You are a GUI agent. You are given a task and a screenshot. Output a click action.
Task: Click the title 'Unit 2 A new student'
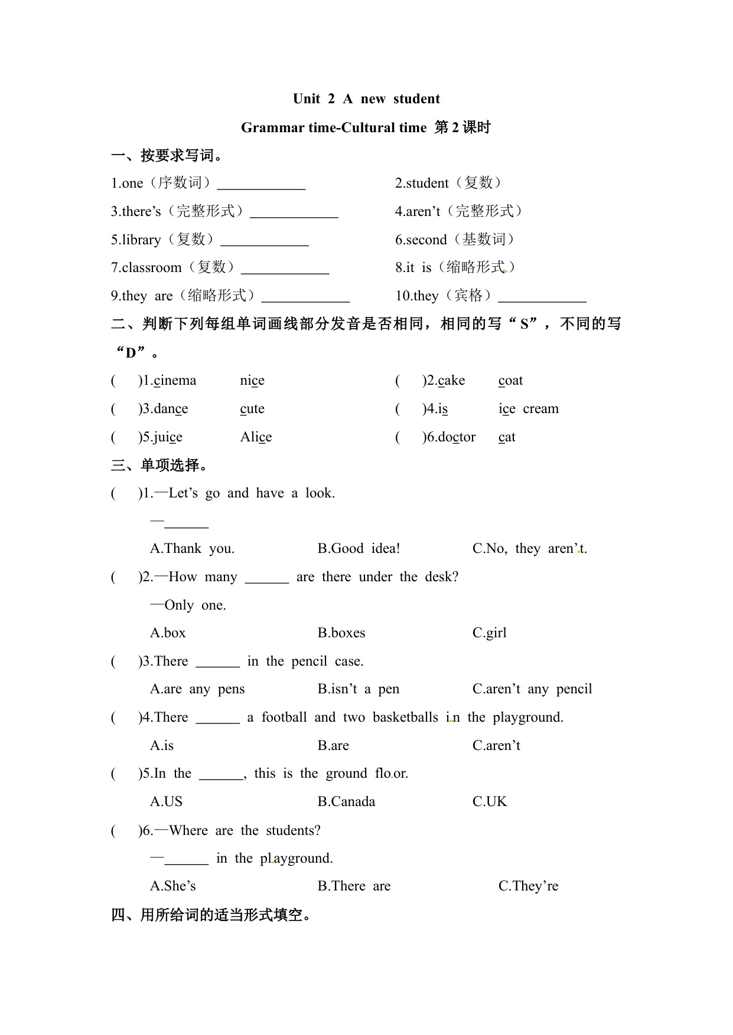(x=366, y=99)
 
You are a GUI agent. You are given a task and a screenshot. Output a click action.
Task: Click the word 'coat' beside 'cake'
(x=510, y=381)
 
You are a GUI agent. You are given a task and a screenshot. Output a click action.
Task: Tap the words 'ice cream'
(x=528, y=409)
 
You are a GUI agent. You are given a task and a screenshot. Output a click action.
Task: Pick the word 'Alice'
(x=256, y=437)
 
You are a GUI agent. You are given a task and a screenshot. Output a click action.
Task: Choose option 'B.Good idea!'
(x=359, y=549)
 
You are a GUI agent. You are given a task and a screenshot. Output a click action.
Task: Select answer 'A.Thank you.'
(x=192, y=549)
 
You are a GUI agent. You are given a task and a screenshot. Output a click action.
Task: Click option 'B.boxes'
(x=341, y=633)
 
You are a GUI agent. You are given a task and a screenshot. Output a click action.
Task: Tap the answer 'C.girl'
(x=489, y=633)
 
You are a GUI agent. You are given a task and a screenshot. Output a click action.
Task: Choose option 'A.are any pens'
(x=197, y=689)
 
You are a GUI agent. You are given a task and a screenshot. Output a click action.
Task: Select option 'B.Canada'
(x=346, y=802)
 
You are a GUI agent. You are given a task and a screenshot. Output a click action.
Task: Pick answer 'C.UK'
(x=490, y=802)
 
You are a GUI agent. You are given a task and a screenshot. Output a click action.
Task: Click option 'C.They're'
(x=528, y=886)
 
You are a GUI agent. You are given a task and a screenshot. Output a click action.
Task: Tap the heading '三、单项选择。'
(x=159, y=466)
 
